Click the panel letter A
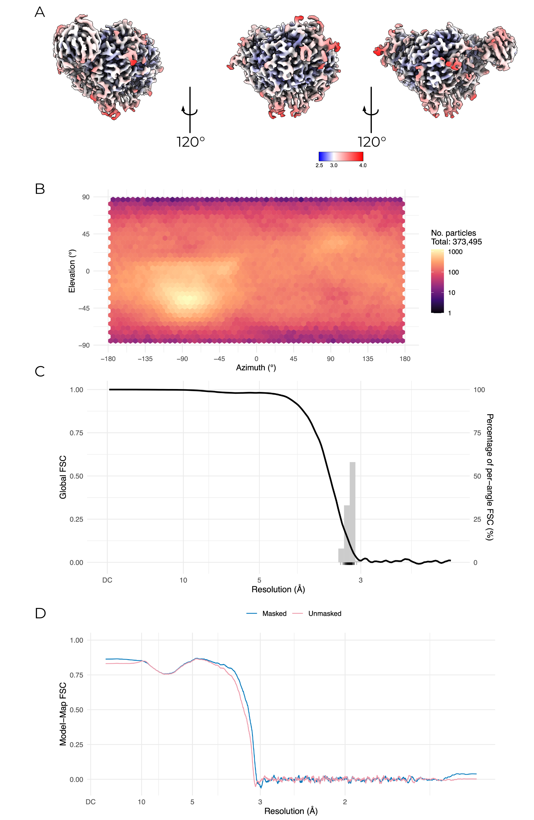coord(40,12)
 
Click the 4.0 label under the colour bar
coord(363,165)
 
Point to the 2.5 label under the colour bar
coord(319,165)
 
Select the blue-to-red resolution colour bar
coord(341,156)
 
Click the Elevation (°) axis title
coord(72,271)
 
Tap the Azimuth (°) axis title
coord(256,368)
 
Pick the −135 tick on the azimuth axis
coord(145,359)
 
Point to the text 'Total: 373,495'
coord(456,242)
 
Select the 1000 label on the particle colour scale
coord(455,252)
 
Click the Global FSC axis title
coord(63,477)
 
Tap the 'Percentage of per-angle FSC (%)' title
coord(490,477)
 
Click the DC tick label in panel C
coord(107,580)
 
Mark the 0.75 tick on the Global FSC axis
coord(77,433)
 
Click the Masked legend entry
coord(274,614)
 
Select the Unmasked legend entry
coord(325,614)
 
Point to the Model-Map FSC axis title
coord(63,714)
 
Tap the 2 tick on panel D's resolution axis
coord(345,802)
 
